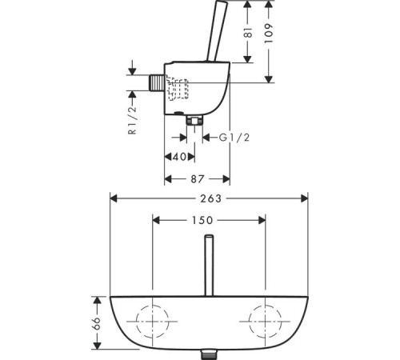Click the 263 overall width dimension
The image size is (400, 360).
tap(210, 198)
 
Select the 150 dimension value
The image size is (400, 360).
tap(202, 220)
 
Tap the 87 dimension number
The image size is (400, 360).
tap(198, 179)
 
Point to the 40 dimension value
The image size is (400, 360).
tap(179, 157)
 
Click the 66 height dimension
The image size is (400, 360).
tap(97, 323)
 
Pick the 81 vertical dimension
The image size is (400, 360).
tap(248, 32)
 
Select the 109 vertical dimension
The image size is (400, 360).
tap(269, 34)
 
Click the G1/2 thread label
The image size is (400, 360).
tap(234, 138)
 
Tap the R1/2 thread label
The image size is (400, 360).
tap(133, 120)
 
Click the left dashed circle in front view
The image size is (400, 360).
tap(136, 322)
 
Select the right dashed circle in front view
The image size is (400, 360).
tap(249, 322)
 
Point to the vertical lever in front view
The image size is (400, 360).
tap(209, 266)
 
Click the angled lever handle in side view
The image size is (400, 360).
tap(217, 30)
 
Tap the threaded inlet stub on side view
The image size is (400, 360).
tap(156, 82)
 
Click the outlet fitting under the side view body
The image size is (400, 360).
tap(194, 121)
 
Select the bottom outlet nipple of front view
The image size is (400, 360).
tap(209, 355)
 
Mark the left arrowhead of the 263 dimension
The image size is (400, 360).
tap(114, 198)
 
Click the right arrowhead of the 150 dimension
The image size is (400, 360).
tap(262, 220)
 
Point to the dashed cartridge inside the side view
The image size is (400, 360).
tap(177, 88)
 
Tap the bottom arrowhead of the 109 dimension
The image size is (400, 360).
tap(269, 79)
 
